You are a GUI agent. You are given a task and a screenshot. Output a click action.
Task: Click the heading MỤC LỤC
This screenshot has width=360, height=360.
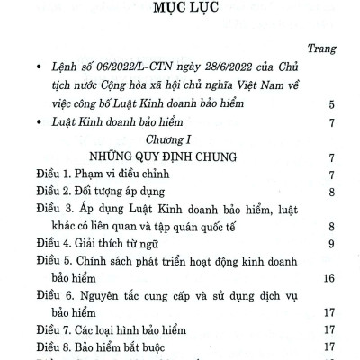coord(180,15)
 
